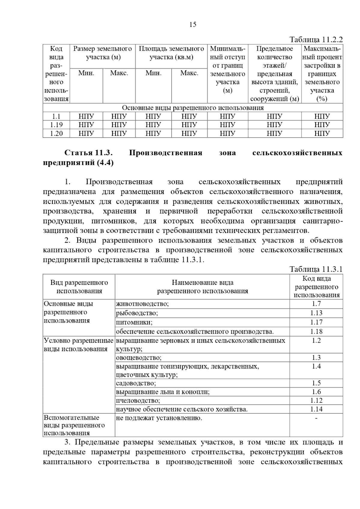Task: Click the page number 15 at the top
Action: coord(193,25)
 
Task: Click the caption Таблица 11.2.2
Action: coord(316,40)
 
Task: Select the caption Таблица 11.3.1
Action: coord(316,269)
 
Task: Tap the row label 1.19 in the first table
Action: coord(56,125)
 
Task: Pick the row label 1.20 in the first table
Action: coord(56,133)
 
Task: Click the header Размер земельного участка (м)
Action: coord(103,53)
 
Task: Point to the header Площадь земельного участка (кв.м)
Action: coord(171,53)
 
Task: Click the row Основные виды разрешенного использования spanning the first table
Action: coord(193,108)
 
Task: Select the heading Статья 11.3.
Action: coord(88,153)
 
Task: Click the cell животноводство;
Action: coord(142,304)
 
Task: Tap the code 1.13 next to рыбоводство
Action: coord(316,313)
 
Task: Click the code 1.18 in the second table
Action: coord(316,332)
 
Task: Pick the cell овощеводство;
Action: coord(139,358)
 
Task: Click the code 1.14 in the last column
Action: coord(316,409)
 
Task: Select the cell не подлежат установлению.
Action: coord(159,418)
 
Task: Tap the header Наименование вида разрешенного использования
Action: coord(202,287)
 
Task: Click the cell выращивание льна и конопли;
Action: coord(163,392)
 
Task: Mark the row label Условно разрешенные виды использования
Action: coord(79,345)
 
